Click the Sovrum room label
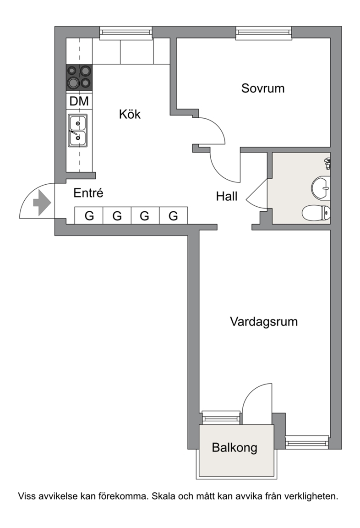point(263,88)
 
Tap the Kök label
point(130,114)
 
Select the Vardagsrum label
point(264,322)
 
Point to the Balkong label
point(235,447)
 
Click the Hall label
point(227,196)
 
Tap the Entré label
point(88,193)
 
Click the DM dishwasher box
point(79,101)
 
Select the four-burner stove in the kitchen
point(79,77)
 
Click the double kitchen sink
point(78,131)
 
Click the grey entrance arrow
point(42,203)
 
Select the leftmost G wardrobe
point(89,215)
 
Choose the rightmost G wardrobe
point(173,215)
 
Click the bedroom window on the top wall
point(264,33)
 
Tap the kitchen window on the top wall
point(126,33)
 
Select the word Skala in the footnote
point(163,496)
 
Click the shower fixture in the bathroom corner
point(327,163)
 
